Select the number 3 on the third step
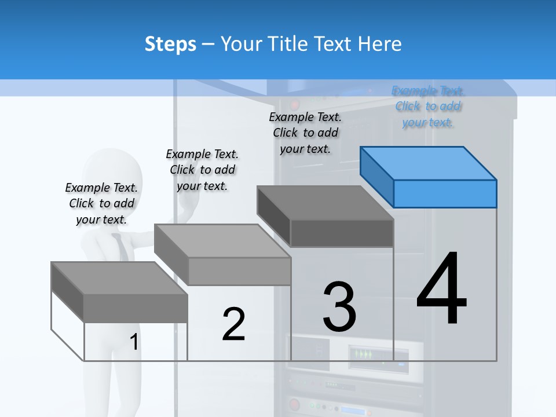(339, 307)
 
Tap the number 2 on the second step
(233, 324)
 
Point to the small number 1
(134, 342)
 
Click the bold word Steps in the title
(170, 44)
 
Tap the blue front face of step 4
(445, 193)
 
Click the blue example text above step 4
(428, 107)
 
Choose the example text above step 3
(305, 133)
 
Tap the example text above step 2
(202, 170)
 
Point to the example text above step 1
(101, 203)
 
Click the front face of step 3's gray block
(342, 233)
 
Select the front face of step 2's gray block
(239, 271)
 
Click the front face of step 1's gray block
(136, 308)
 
